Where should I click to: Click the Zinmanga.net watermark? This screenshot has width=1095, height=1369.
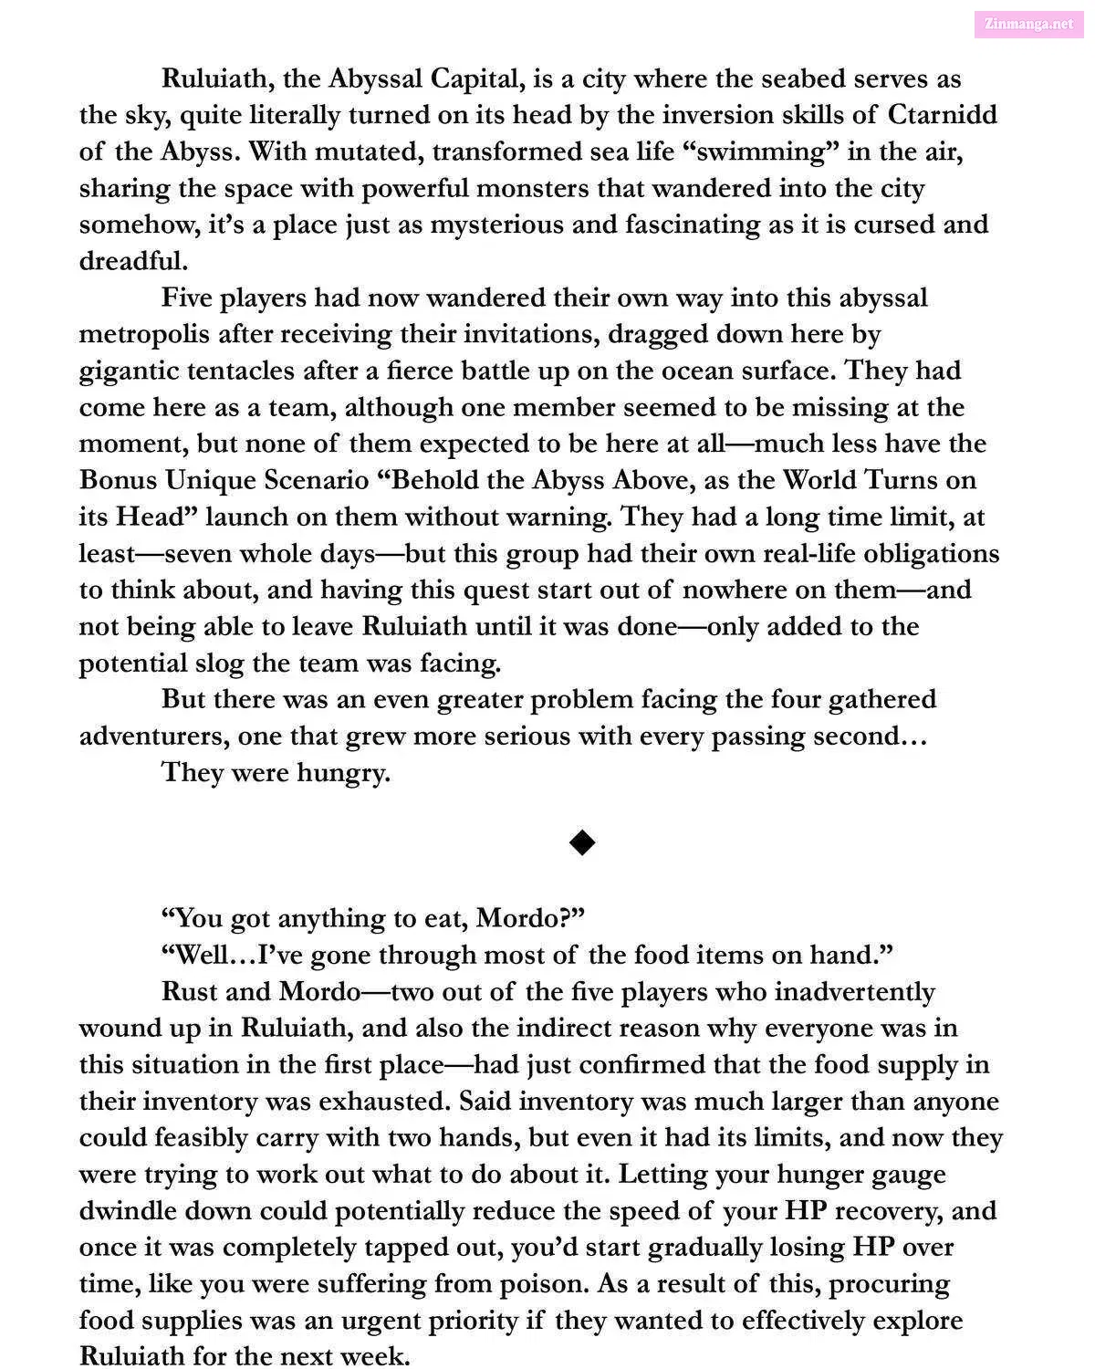[x=1029, y=24]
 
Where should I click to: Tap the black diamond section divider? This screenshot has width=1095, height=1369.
[x=581, y=842]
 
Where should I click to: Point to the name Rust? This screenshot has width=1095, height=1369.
[x=192, y=991]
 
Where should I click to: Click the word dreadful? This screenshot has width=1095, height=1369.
[x=133, y=261]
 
